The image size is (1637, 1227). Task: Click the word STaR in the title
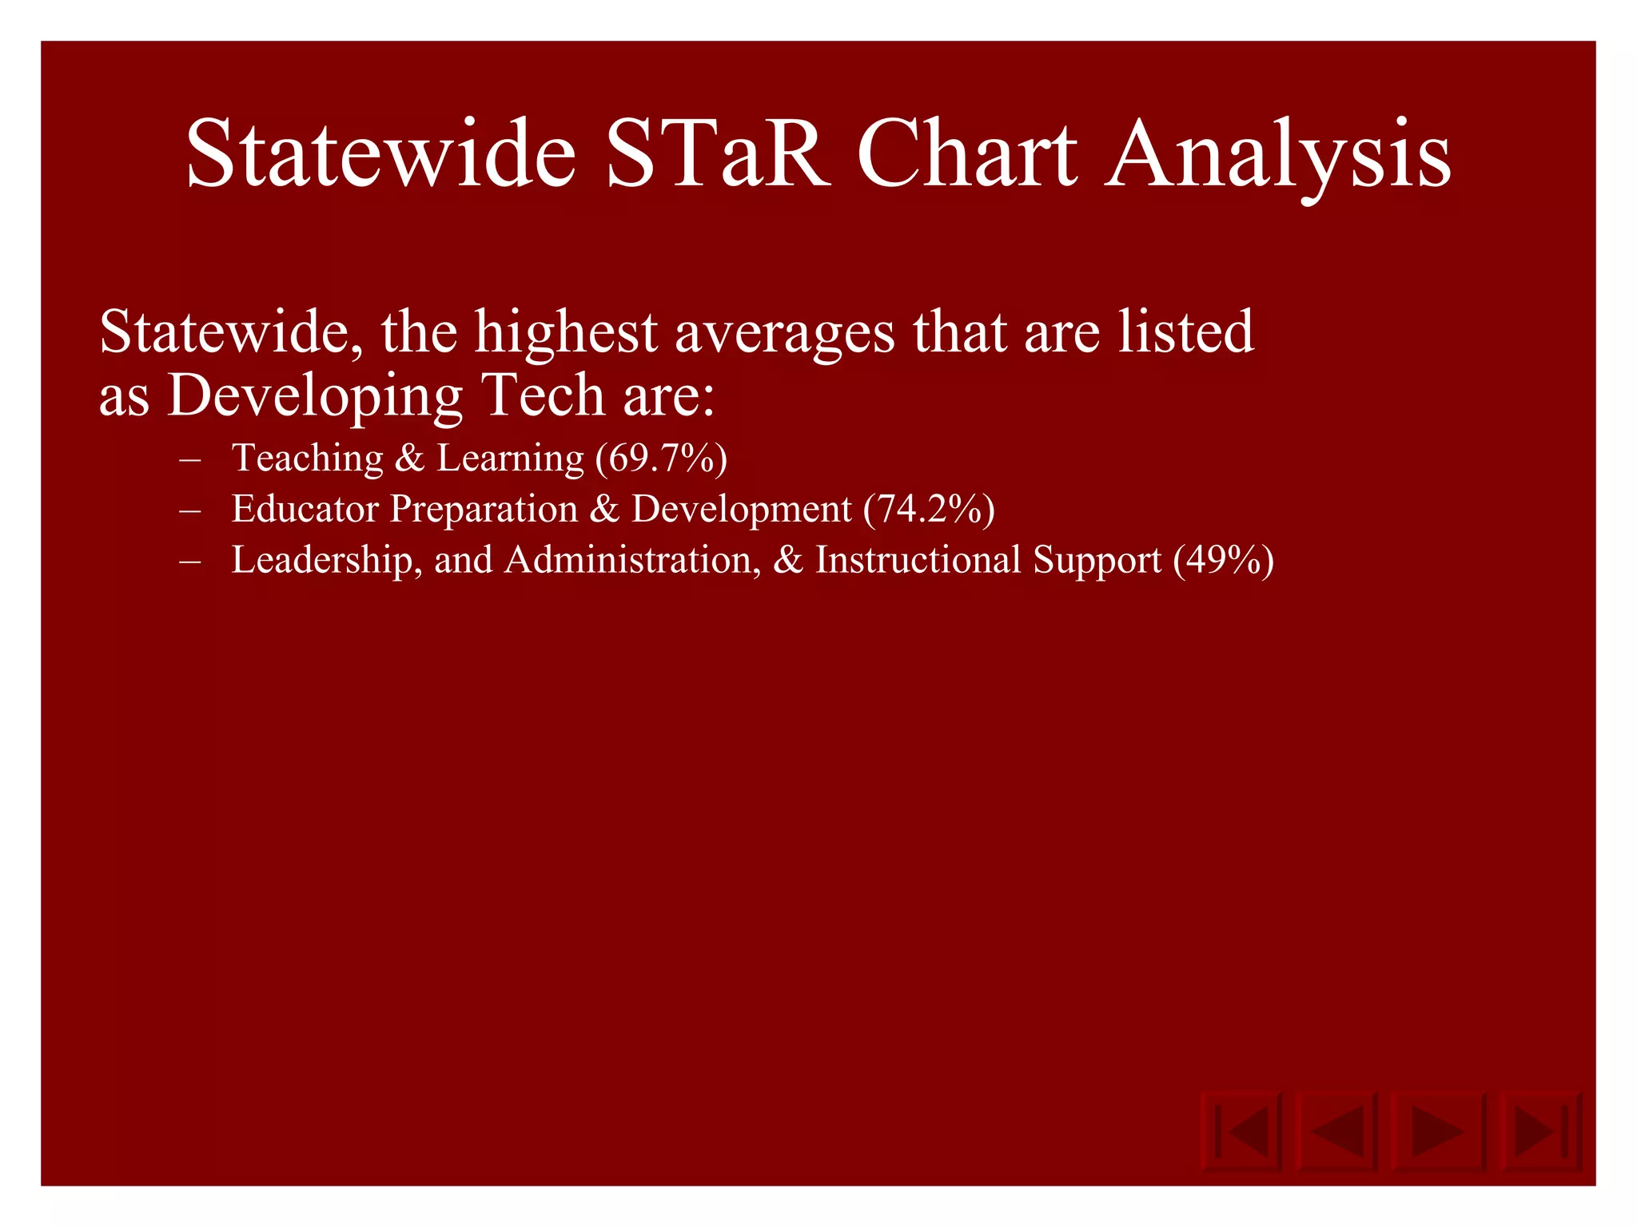pyautogui.click(x=718, y=153)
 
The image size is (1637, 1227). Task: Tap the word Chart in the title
pyautogui.click(x=966, y=153)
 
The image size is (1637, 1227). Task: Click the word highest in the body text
pyautogui.click(x=566, y=332)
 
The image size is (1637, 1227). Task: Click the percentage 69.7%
pyautogui.click(x=661, y=459)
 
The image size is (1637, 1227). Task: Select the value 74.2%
pyautogui.click(x=929, y=510)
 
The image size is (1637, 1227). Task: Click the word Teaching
pyautogui.click(x=308, y=459)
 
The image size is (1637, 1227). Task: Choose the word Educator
pyautogui.click(x=305, y=509)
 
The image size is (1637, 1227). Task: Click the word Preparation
pyautogui.click(x=484, y=510)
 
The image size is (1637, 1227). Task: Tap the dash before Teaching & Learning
pyautogui.click(x=190, y=460)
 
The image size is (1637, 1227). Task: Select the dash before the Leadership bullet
pyautogui.click(x=190, y=562)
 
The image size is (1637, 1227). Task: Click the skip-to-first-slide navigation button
pyautogui.click(x=1241, y=1131)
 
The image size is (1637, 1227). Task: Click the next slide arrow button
pyautogui.click(x=1436, y=1131)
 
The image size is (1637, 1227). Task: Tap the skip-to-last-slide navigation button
pyautogui.click(x=1540, y=1131)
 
